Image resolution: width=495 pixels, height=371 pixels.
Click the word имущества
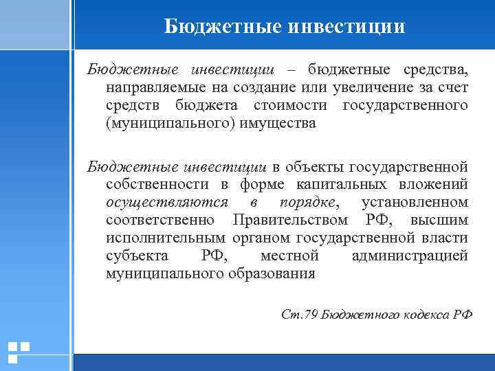pyautogui.click(x=273, y=124)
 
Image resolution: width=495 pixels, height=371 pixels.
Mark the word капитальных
pyautogui.click(x=340, y=184)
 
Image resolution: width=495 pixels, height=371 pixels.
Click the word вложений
pyautogui.click(x=434, y=184)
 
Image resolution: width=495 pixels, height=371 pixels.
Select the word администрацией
pyautogui.click(x=409, y=256)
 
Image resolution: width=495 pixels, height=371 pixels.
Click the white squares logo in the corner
pyautogui.click(x=18, y=352)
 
